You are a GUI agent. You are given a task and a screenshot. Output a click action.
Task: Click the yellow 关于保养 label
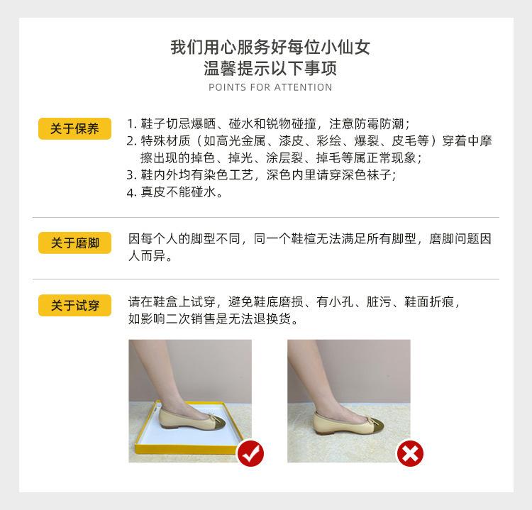[x=74, y=128]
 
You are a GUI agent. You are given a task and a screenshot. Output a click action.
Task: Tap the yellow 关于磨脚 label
[x=74, y=243]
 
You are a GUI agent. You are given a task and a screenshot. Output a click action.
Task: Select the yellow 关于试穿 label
[x=74, y=306]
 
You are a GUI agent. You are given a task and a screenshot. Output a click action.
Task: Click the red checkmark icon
[x=250, y=453]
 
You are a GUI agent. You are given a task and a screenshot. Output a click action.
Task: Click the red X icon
[x=409, y=453]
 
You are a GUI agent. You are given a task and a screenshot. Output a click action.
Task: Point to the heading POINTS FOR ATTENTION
[x=270, y=87]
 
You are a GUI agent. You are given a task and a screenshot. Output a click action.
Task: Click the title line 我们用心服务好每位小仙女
[x=270, y=48]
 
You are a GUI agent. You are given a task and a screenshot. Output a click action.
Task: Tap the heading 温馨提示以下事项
[x=270, y=69]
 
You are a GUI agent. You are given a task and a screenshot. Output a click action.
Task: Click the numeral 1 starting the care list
[x=131, y=123]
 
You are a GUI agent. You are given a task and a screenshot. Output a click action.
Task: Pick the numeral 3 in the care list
[x=131, y=175]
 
